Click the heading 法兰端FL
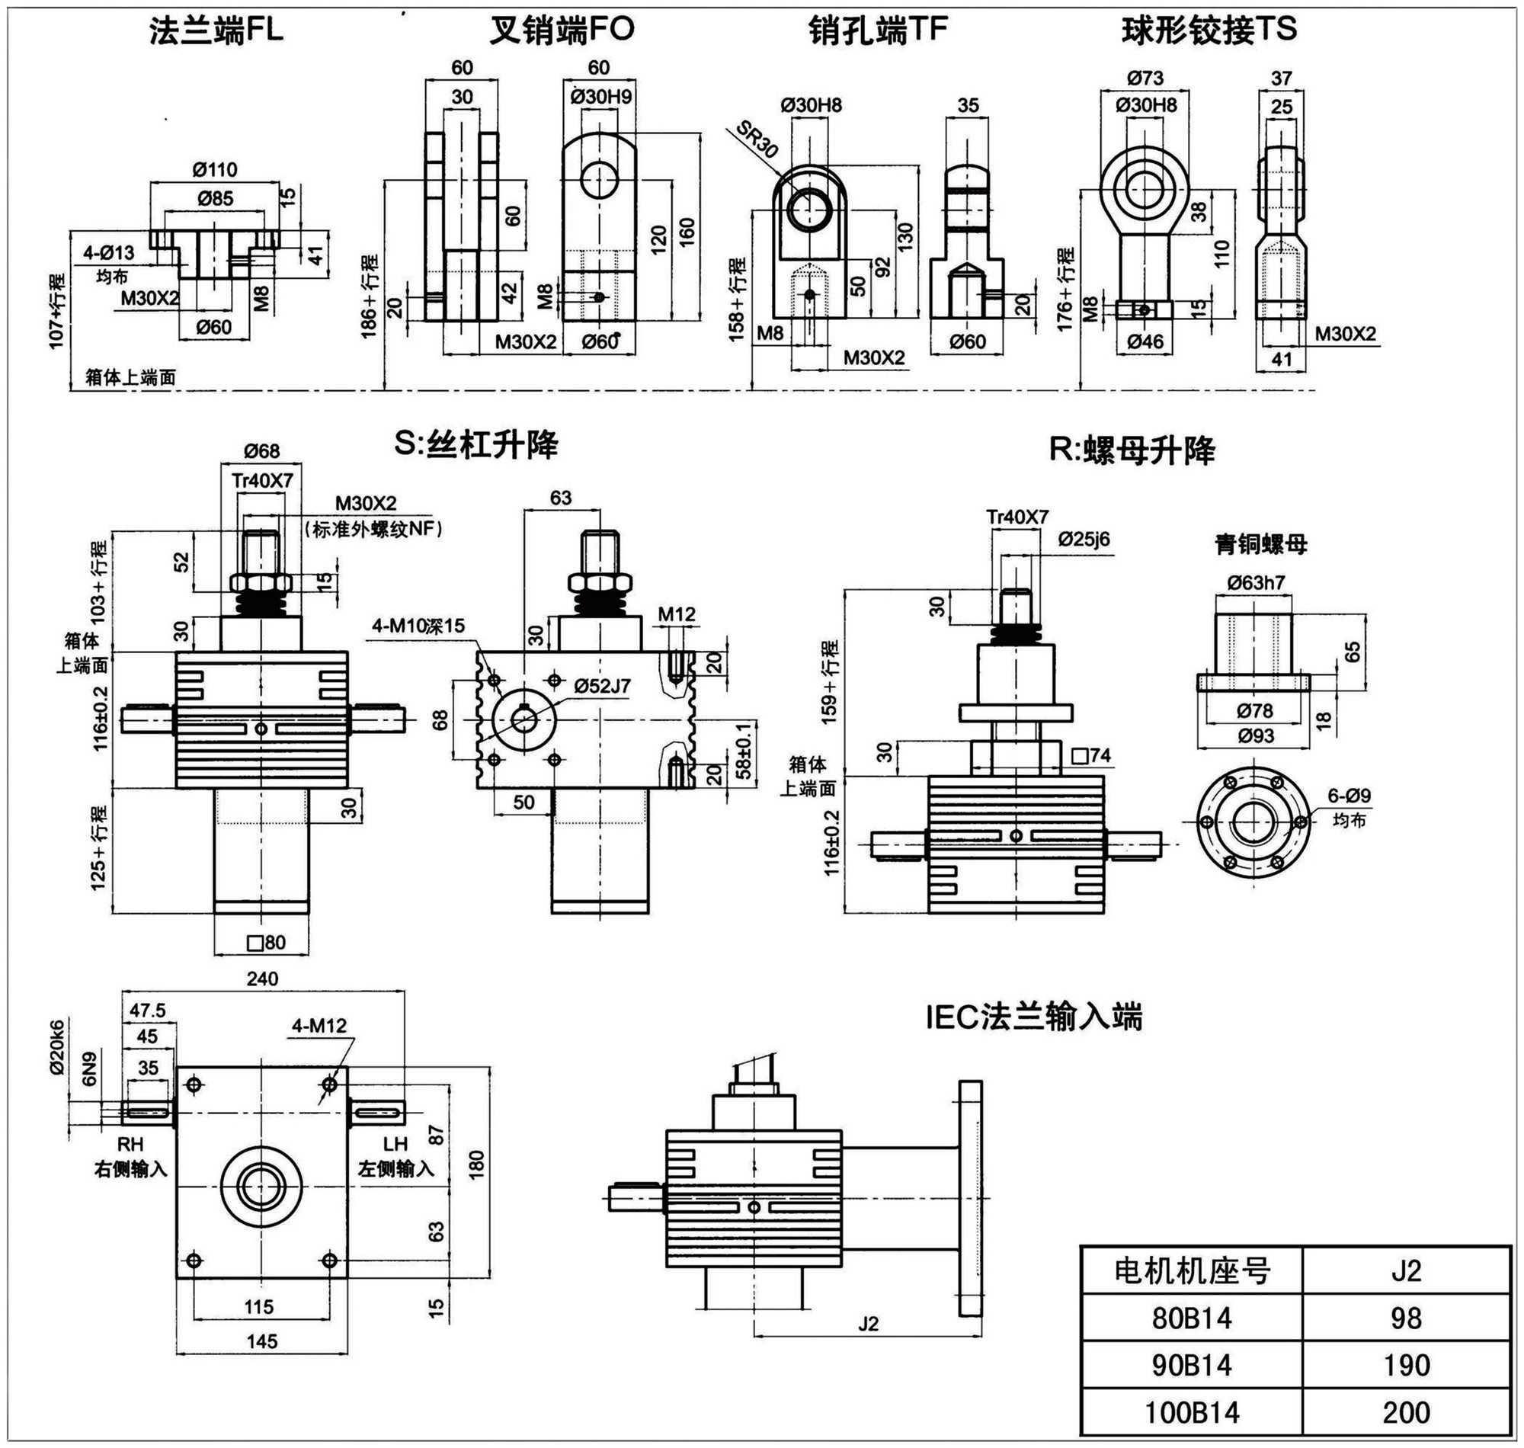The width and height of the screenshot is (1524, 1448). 216,32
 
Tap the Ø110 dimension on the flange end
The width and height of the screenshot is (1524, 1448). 216,169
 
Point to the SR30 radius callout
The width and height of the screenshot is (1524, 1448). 756,139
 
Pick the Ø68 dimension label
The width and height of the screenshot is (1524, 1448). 261,450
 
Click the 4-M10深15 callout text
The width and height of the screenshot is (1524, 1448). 418,626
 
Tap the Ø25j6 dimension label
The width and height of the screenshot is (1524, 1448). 1084,539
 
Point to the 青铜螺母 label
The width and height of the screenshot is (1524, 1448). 1261,545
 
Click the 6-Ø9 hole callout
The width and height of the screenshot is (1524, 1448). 1349,796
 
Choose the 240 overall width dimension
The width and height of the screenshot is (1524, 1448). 262,979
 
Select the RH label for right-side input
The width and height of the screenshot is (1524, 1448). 130,1144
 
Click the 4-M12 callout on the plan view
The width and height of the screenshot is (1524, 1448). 319,1026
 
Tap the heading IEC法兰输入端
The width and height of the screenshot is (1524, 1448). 1034,1017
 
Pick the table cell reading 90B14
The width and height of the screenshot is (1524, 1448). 1192,1366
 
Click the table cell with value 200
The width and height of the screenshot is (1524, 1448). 1406,1412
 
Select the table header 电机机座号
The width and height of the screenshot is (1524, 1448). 1192,1271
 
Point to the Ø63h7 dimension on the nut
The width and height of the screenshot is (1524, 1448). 1256,583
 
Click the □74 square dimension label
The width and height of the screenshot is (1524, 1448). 1091,756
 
